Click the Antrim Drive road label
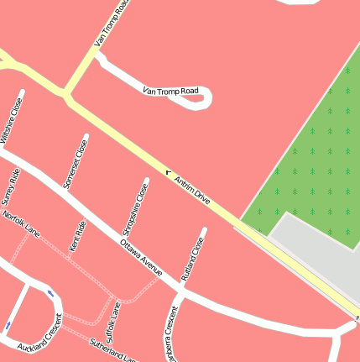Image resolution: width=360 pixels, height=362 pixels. tap(193, 191)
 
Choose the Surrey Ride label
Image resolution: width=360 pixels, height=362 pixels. tap(10, 187)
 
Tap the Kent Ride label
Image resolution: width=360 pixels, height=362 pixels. tap(77, 236)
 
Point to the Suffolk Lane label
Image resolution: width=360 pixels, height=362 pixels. tap(113, 317)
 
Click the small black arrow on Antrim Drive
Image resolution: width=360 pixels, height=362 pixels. tap(168, 171)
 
